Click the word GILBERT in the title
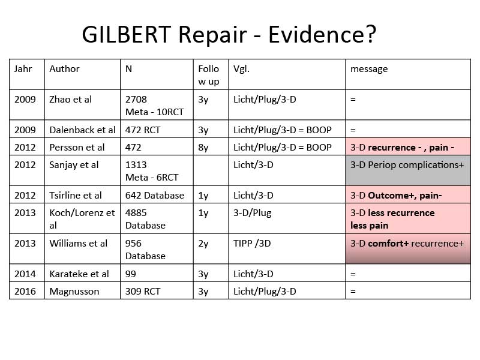(x=126, y=34)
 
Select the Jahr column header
(x=23, y=69)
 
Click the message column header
(x=369, y=69)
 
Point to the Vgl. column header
(x=241, y=69)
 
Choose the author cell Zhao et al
(x=70, y=100)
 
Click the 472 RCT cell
(x=143, y=130)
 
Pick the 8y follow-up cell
(x=203, y=148)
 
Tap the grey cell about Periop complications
(x=408, y=170)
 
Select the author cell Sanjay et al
(x=74, y=165)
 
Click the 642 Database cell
(x=155, y=196)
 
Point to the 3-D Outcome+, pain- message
(x=396, y=196)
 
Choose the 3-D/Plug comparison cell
(x=252, y=213)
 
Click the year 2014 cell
(x=25, y=274)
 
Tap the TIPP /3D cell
(x=252, y=244)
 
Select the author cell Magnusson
(x=74, y=292)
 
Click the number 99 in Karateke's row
(x=130, y=274)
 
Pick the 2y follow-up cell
(x=203, y=244)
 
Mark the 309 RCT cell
(x=143, y=292)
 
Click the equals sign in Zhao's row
(x=353, y=100)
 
